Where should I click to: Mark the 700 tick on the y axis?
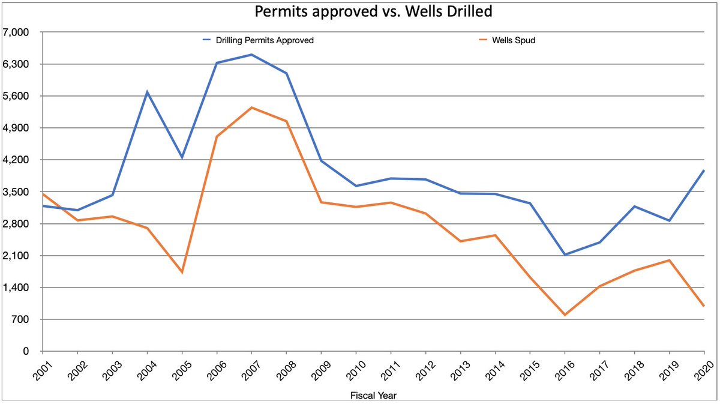[28, 319]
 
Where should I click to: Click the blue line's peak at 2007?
[251, 55]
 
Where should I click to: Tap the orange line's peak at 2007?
[251, 107]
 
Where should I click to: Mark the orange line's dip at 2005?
[182, 273]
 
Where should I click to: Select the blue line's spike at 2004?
[147, 92]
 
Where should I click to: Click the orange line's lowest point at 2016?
[565, 315]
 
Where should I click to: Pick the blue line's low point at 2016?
[565, 255]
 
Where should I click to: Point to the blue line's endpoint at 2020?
[703, 170]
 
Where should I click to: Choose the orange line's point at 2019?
[669, 260]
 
